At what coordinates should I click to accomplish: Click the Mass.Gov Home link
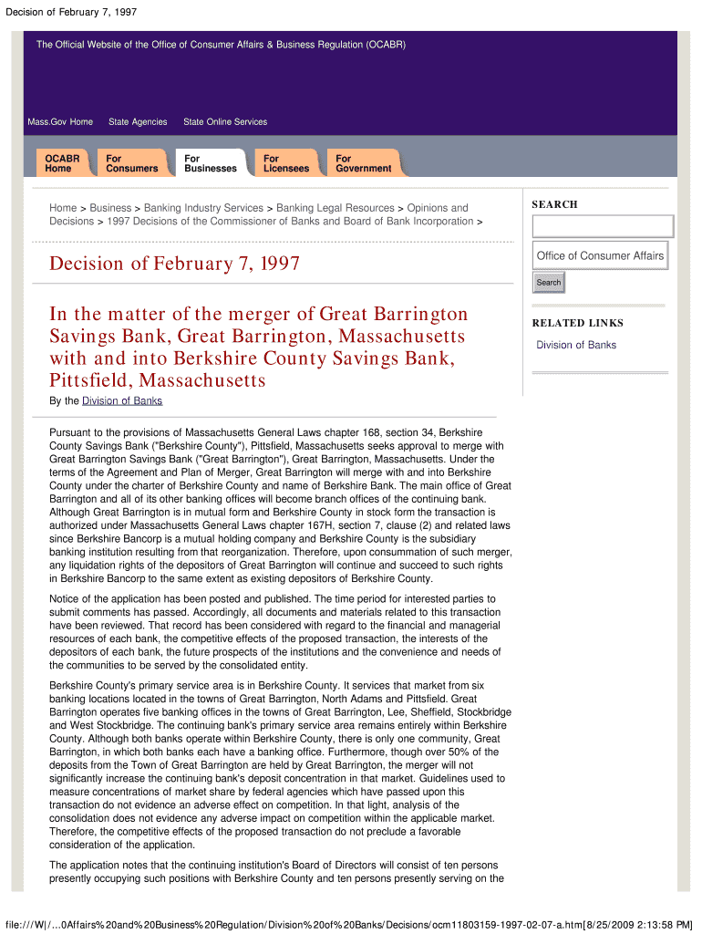click(x=60, y=122)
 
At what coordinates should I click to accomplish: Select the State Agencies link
click(x=138, y=122)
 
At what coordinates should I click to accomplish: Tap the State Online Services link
click(x=225, y=122)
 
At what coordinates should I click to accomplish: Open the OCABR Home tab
click(x=63, y=163)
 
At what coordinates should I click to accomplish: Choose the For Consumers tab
click(x=131, y=163)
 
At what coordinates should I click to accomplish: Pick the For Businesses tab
click(x=210, y=163)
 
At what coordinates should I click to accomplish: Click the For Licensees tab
click(x=286, y=163)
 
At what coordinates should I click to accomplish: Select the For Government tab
click(x=363, y=163)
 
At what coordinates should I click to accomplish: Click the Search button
click(x=549, y=283)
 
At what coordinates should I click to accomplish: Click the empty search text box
click(x=603, y=226)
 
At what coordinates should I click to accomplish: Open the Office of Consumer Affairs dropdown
click(x=601, y=256)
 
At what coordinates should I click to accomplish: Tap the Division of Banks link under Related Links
click(x=576, y=345)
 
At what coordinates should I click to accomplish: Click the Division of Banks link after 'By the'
click(x=122, y=401)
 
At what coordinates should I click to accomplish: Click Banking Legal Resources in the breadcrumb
click(x=336, y=208)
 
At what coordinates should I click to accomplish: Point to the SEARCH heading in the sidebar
click(x=554, y=204)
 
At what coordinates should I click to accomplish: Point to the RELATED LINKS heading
click(x=578, y=323)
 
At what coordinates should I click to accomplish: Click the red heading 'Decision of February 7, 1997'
click(x=174, y=265)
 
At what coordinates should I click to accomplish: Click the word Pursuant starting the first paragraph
click(x=73, y=431)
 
